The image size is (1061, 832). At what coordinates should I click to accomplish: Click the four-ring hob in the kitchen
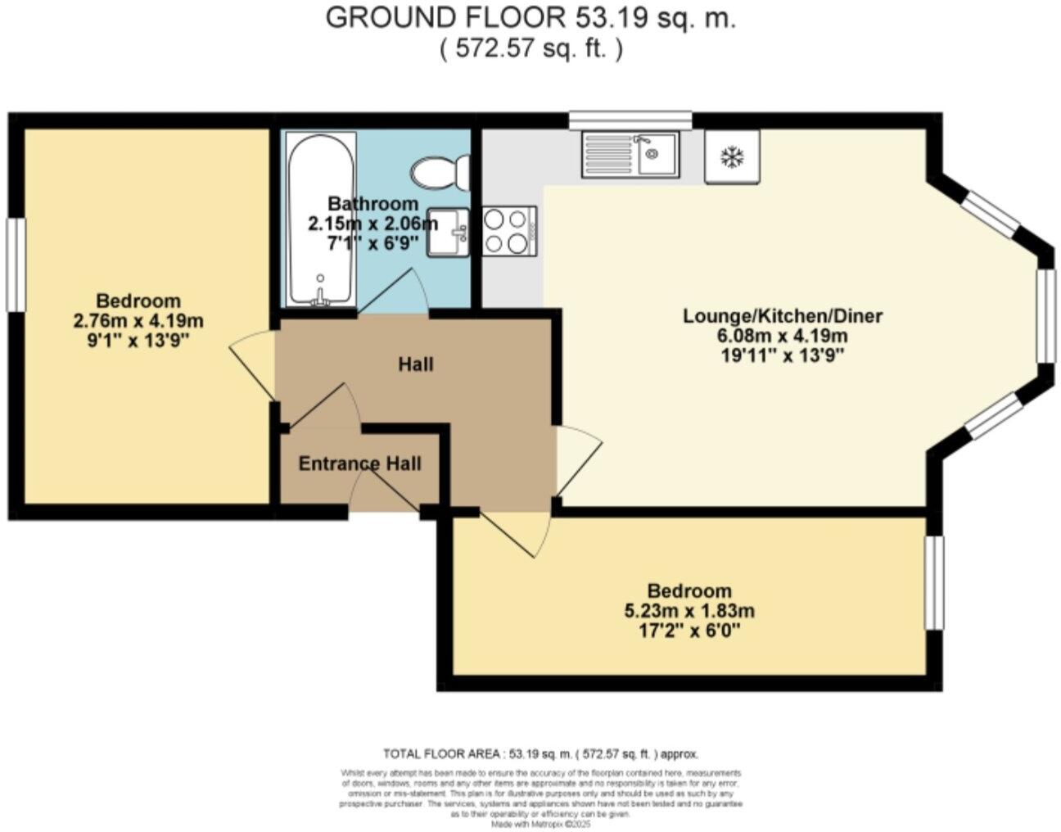[508, 231]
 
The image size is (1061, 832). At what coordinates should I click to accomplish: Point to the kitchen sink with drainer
[629, 155]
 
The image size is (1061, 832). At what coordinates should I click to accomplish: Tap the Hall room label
[415, 364]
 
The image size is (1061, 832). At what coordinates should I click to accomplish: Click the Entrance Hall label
[359, 464]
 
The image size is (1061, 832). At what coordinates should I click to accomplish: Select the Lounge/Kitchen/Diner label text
[783, 315]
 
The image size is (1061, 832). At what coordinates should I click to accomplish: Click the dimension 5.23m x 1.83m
[689, 611]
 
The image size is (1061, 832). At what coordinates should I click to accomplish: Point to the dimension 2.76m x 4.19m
[138, 321]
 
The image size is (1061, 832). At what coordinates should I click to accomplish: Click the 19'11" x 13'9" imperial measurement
[783, 355]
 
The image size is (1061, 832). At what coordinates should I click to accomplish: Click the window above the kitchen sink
[630, 120]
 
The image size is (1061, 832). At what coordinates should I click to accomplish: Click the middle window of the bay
[1047, 314]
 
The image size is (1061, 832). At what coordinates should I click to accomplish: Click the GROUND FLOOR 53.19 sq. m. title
[530, 18]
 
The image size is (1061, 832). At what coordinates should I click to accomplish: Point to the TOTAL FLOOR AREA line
[540, 753]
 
